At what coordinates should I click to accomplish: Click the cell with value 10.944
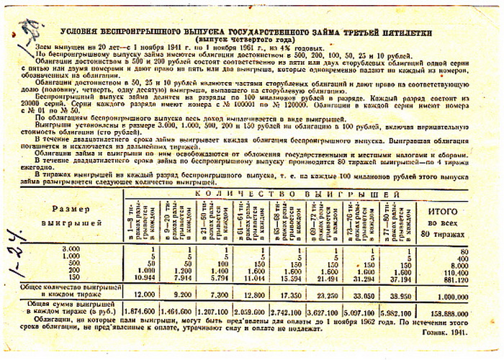pyautogui.click(x=144, y=276)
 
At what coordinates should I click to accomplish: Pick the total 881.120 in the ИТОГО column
pyautogui.click(x=463, y=277)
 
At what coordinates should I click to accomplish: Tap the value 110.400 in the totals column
pyautogui.click(x=463, y=271)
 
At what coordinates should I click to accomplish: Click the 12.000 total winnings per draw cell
pyautogui.click(x=144, y=294)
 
